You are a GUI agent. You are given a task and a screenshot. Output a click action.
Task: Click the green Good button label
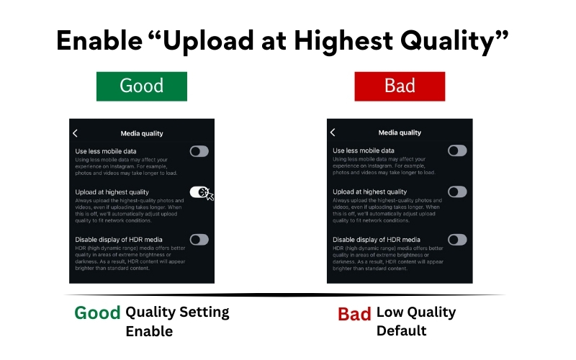142,86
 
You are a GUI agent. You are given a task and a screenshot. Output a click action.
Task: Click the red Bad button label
400,86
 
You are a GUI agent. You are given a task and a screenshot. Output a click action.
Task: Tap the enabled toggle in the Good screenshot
199,192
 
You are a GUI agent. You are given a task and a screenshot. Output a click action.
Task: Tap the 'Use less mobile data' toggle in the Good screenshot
199,151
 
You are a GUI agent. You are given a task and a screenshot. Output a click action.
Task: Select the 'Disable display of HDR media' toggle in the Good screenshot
199,239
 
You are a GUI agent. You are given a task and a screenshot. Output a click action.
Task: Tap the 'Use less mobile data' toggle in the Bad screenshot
457,151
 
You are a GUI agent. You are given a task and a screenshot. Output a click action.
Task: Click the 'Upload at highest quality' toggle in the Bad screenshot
457,192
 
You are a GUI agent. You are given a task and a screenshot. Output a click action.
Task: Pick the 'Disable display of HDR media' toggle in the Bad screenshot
457,239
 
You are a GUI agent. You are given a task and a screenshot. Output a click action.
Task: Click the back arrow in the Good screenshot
76,132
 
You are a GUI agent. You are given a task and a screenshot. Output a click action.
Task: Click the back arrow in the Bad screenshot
333,132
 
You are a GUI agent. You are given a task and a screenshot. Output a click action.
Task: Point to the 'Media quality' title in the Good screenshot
142,133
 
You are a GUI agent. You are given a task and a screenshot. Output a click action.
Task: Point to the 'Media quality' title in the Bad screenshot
400,133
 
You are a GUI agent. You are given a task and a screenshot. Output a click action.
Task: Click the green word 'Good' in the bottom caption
97,313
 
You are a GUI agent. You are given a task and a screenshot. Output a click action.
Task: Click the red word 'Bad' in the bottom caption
354,314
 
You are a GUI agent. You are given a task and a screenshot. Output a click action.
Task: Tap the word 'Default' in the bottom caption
401,331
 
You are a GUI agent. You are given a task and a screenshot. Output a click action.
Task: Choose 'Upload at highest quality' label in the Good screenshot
112,192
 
